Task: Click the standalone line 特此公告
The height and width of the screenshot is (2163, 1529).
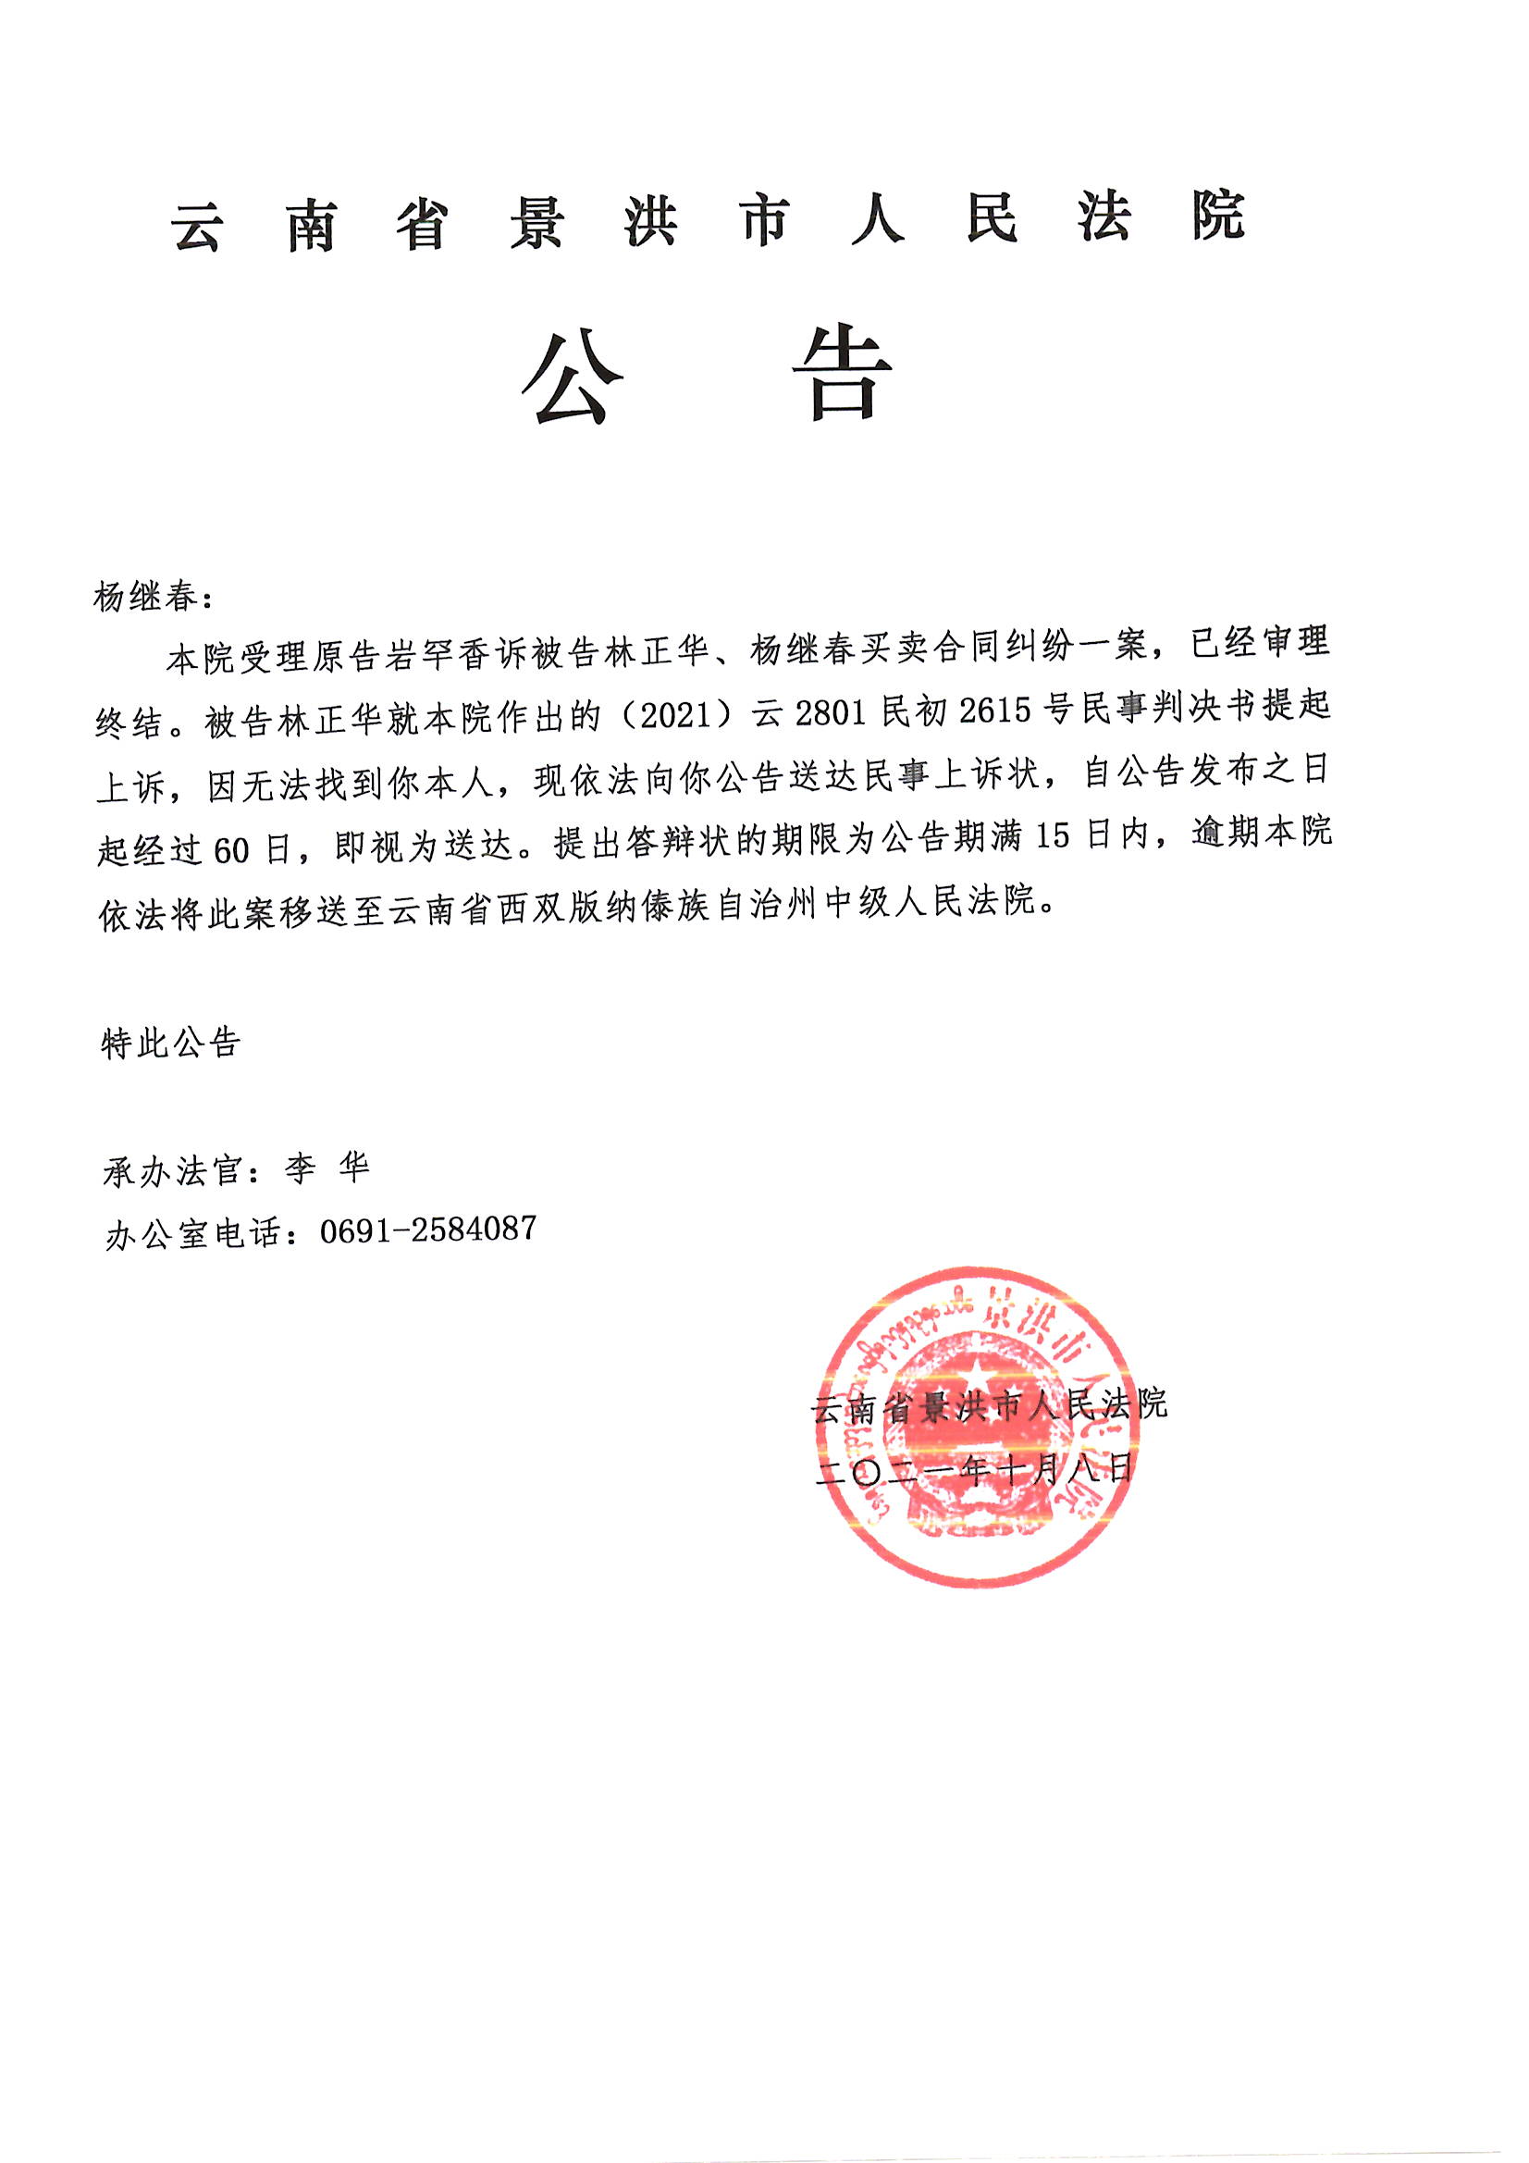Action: click(x=171, y=1043)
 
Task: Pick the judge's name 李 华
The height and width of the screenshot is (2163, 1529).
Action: click(x=327, y=1169)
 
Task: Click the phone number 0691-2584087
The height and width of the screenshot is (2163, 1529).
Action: click(x=428, y=1229)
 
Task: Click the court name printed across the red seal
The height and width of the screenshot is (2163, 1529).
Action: click(x=989, y=1406)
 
